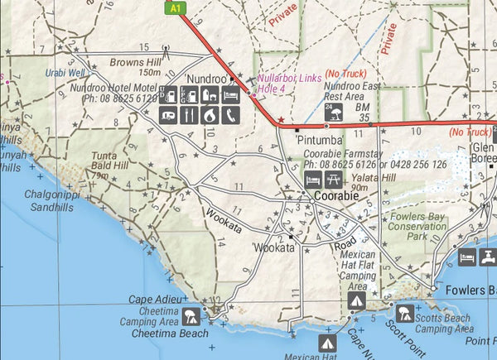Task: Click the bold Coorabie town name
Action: point(336,196)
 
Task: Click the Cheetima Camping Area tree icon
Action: point(190,314)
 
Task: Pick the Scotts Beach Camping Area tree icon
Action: point(405,313)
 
